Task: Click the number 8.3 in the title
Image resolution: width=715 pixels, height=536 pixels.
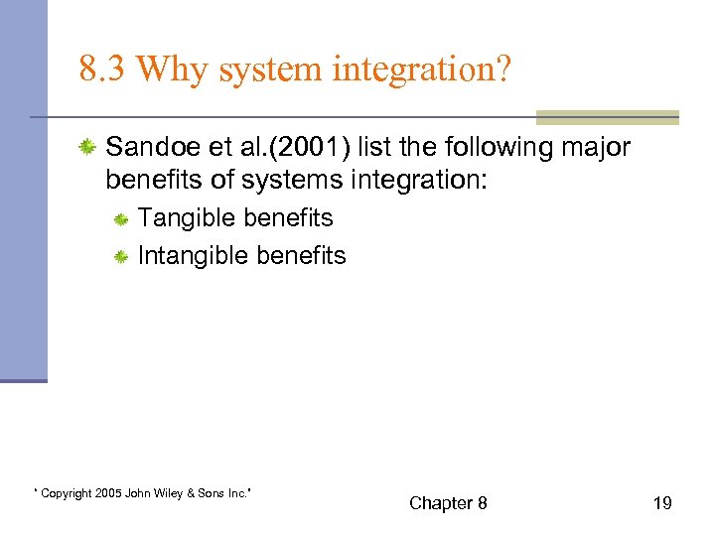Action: pos(102,68)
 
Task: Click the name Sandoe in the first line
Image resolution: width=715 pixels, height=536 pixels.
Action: pos(144,148)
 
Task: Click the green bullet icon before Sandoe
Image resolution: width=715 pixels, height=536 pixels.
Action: pos(87,148)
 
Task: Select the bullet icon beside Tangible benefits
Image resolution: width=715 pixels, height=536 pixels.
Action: pos(120,219)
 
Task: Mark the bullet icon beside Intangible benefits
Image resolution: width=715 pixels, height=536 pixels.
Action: pos(120,257)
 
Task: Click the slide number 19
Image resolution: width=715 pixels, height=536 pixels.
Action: pos(661,503)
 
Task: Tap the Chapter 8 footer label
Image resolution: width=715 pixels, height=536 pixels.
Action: pos(448,503)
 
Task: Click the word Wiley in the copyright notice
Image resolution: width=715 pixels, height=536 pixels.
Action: pos(179,493)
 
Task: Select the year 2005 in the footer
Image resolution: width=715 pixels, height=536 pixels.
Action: pos(109,493)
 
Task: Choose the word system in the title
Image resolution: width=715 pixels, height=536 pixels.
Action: pos(266,68)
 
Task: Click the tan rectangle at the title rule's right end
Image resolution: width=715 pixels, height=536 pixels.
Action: pos(607,117)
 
